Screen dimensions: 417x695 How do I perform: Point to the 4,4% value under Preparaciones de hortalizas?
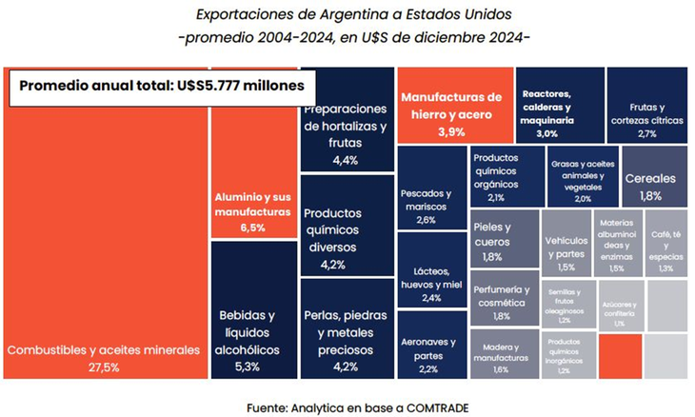(x=345, y=160)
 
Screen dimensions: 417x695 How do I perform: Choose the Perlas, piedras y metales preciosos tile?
(x=345, y=328)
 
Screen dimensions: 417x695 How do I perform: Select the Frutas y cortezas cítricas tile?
(x=647, y=107)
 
